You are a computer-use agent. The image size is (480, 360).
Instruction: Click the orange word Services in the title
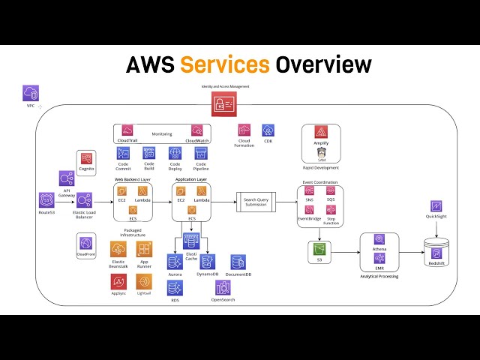pos(224,65)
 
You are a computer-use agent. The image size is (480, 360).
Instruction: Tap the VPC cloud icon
pos(31,93)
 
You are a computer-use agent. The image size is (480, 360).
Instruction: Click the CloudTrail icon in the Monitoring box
pos(127,130)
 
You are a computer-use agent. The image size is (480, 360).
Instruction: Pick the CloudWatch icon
pos(196,130)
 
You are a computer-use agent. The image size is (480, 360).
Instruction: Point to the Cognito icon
pos(86,159)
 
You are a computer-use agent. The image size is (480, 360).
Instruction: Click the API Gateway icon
pos(67,178)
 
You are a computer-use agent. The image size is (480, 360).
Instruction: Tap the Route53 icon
pos(46,200)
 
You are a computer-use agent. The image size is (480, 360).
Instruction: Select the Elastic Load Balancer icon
pos(84,200)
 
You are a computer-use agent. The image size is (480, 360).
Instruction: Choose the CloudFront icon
pos(86,243)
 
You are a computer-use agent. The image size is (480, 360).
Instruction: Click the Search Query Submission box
pos(255,200)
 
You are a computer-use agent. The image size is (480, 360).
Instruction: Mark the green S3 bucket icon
pos(319,248)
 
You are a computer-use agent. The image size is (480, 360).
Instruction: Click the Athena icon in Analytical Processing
pos(379,240)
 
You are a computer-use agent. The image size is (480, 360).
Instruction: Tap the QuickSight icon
pos(436,205)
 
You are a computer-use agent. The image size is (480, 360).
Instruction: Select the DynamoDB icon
pos(208,262)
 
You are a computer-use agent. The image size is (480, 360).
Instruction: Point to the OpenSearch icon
pos(223,288)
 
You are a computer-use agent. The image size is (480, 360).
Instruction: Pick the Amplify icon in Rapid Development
pos(321,132)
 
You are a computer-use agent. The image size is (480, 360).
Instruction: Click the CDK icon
pos(268,130)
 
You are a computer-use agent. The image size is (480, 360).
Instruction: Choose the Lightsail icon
pos(144,281)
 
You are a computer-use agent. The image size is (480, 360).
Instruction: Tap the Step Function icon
pos(331,210)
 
